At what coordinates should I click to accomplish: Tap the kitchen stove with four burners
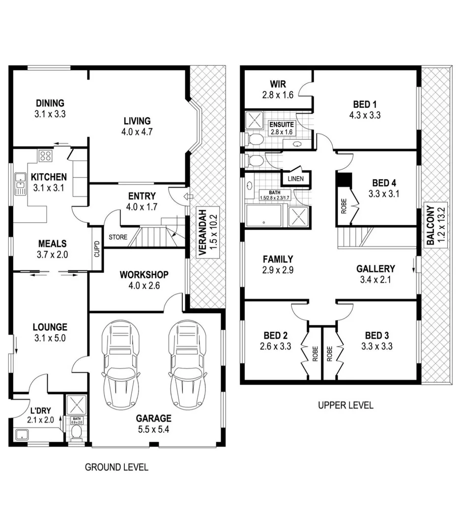pos(46,156)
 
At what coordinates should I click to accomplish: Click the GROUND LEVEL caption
pos(116,467)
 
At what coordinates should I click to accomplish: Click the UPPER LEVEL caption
pos(345,405)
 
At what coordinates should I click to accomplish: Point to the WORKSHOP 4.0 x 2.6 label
pos(144,280)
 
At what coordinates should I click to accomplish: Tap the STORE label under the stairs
pos(118,237)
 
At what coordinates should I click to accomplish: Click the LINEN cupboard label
pos(295,179)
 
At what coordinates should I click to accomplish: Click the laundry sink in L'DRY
pos(22,434)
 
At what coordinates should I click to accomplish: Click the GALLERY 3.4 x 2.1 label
pos(376,274)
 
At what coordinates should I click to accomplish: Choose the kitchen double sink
pos(20,184)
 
